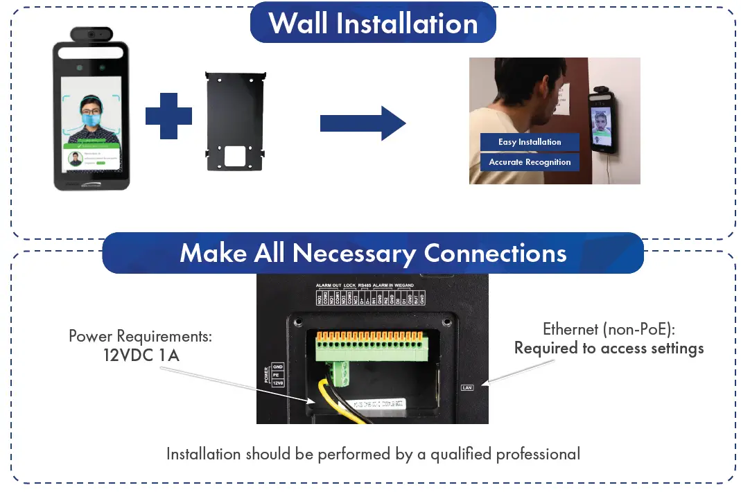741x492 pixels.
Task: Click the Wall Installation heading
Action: click(373, 23)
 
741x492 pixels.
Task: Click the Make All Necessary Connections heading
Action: click(373, 253)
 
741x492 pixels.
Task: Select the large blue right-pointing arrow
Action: click(362, 123)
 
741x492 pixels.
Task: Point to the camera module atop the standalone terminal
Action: click(91, 34)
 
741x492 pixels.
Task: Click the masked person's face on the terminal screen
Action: click(90, 110)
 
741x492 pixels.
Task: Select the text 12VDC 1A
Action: click(139, 355)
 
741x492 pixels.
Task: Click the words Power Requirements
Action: click(140, 337)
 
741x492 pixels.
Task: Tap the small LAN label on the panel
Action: click(467, 387)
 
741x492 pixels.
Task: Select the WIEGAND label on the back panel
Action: click(405, 285)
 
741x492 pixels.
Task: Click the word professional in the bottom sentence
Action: click(538, 455)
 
